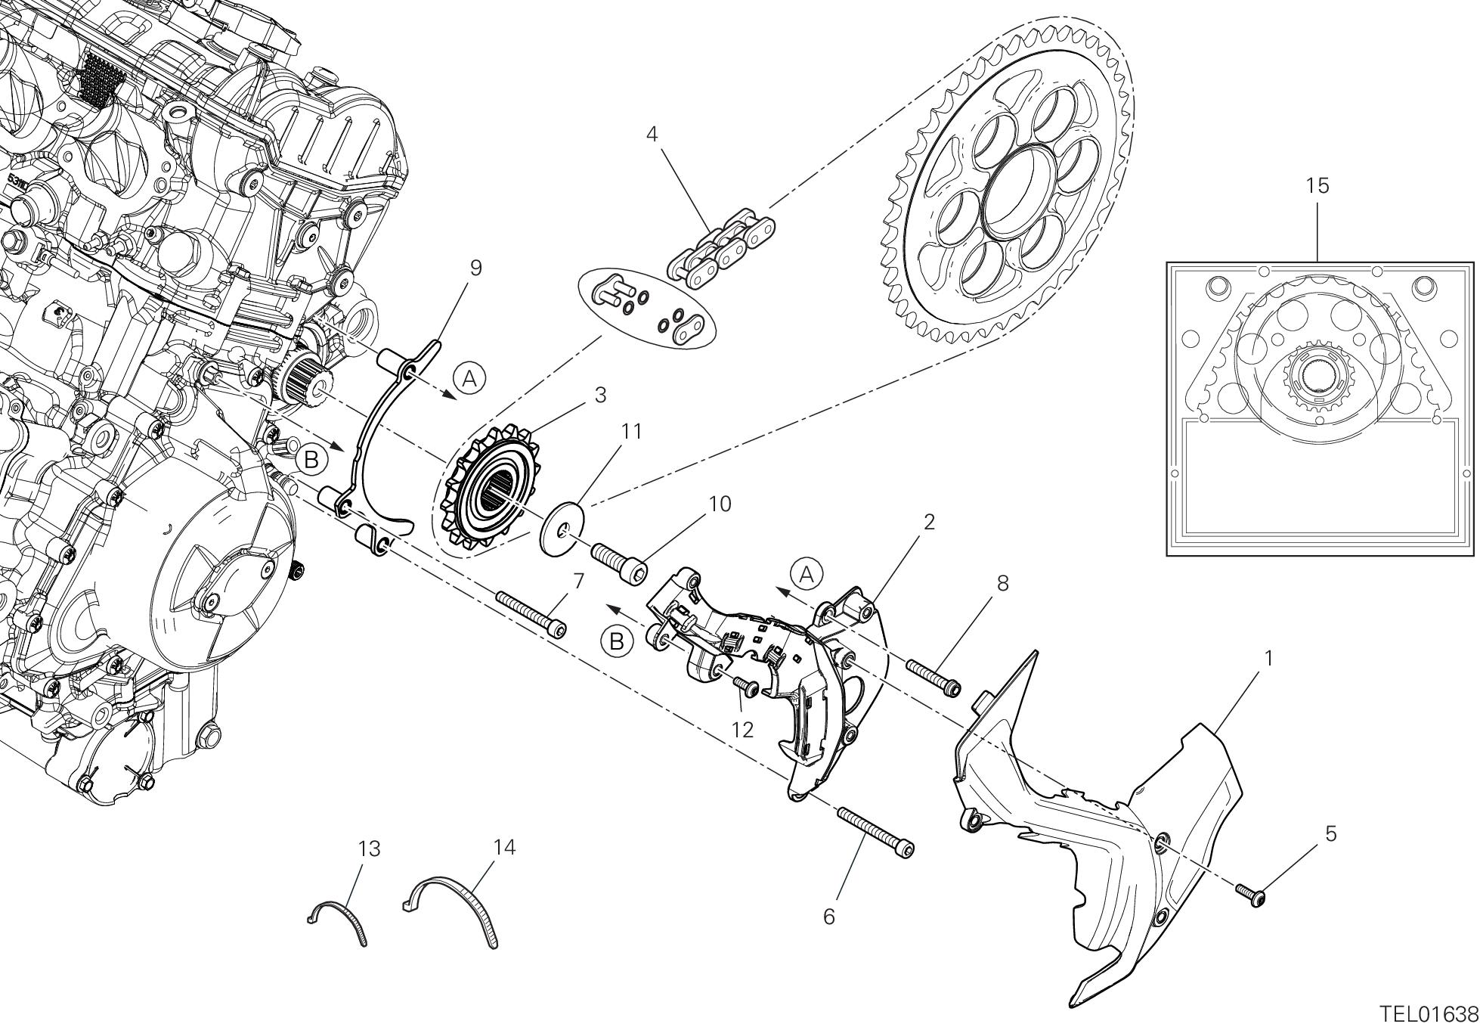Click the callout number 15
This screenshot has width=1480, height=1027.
coord(1317,186)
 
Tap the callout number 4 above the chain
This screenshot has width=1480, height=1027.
coord(652,135)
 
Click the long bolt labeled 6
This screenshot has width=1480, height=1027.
coord(875,833)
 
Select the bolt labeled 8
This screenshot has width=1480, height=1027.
coord(934,677)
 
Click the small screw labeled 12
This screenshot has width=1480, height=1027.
coord(748,686)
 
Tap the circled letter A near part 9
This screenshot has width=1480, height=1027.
coord(469,377)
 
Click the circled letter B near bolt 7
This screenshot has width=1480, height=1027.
coord(617,641)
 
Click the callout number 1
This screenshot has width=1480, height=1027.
coord(1269,659)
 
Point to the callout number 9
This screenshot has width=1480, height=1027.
coord(475,268)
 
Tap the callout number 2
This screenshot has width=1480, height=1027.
coord(929,521)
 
